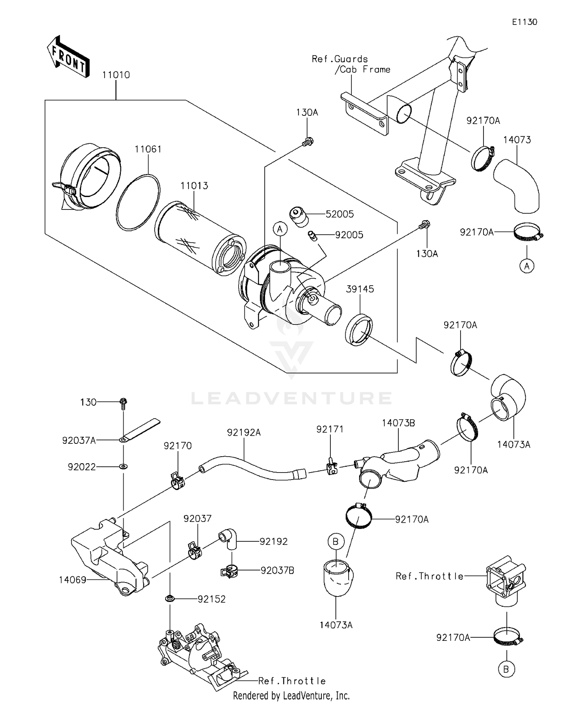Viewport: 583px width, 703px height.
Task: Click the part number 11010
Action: point(116,75)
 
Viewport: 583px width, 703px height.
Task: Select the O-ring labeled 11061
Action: point(138,202)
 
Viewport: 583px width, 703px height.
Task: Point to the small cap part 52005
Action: point(298,216)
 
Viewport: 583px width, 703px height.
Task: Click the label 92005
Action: point(349,235)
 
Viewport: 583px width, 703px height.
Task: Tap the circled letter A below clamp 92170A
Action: point(527,266)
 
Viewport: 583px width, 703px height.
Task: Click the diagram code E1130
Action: point(524,22)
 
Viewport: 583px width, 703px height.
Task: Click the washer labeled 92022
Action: point(123,466)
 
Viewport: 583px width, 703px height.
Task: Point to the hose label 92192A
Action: point(244,432)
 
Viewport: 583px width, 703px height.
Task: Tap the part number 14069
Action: point(72,580)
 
